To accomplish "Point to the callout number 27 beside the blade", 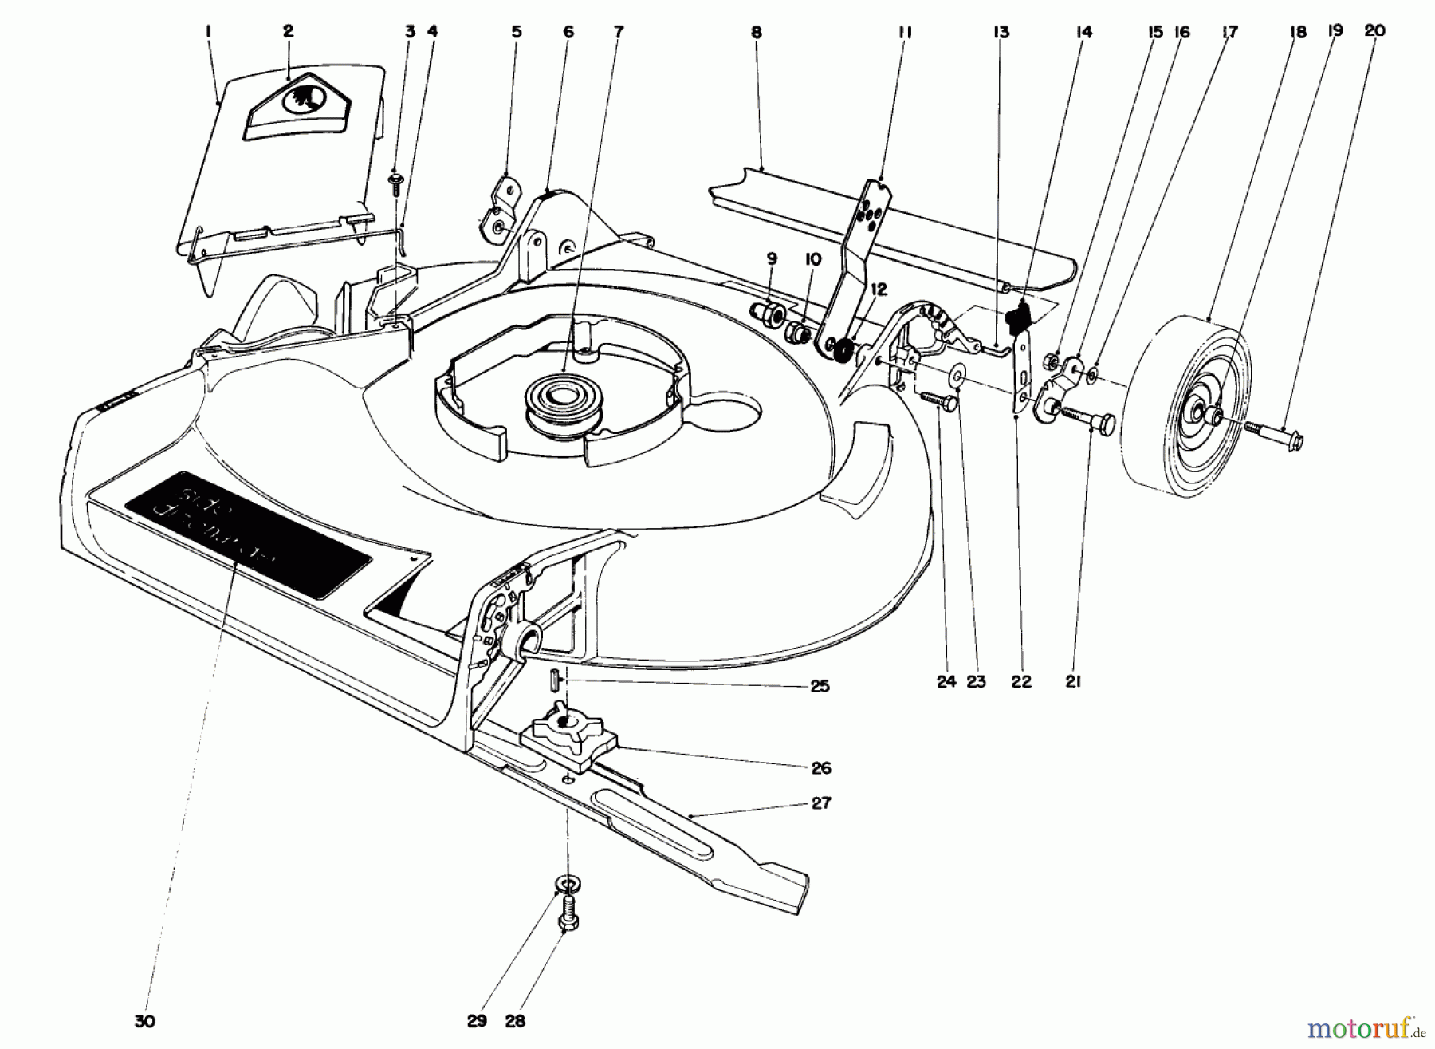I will pyautogui.click(x=820, y=803).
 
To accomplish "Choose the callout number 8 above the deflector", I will pyautogui.click(x=756, y=33).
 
